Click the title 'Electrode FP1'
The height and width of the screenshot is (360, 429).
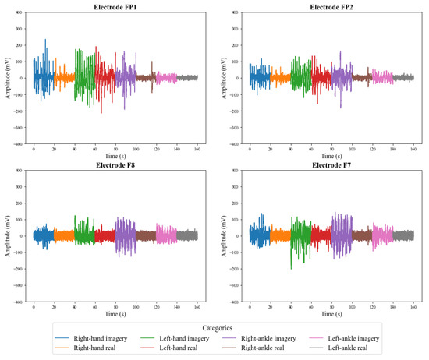coord(115,6)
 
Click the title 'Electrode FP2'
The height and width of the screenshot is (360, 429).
coord(331,6)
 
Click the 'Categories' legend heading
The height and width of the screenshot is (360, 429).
coord(214,328)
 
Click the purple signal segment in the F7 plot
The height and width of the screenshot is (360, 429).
coord(340,235)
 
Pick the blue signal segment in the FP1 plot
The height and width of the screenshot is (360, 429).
coord(42,76)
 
